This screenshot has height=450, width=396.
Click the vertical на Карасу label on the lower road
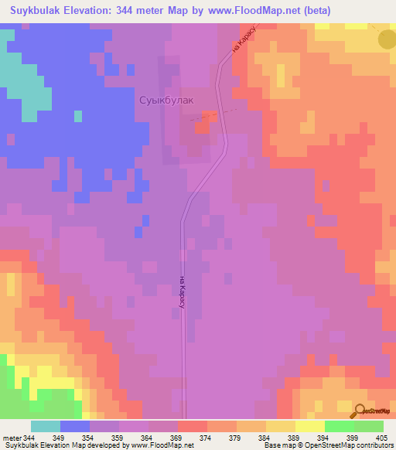point(182,292)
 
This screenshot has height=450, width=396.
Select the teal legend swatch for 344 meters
point(45,426)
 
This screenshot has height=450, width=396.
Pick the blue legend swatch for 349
point(74,426)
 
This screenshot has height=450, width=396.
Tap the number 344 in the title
point(155,11)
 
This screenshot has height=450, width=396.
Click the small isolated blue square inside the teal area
point(77,116)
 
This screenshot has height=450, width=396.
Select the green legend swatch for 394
point(339,426)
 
